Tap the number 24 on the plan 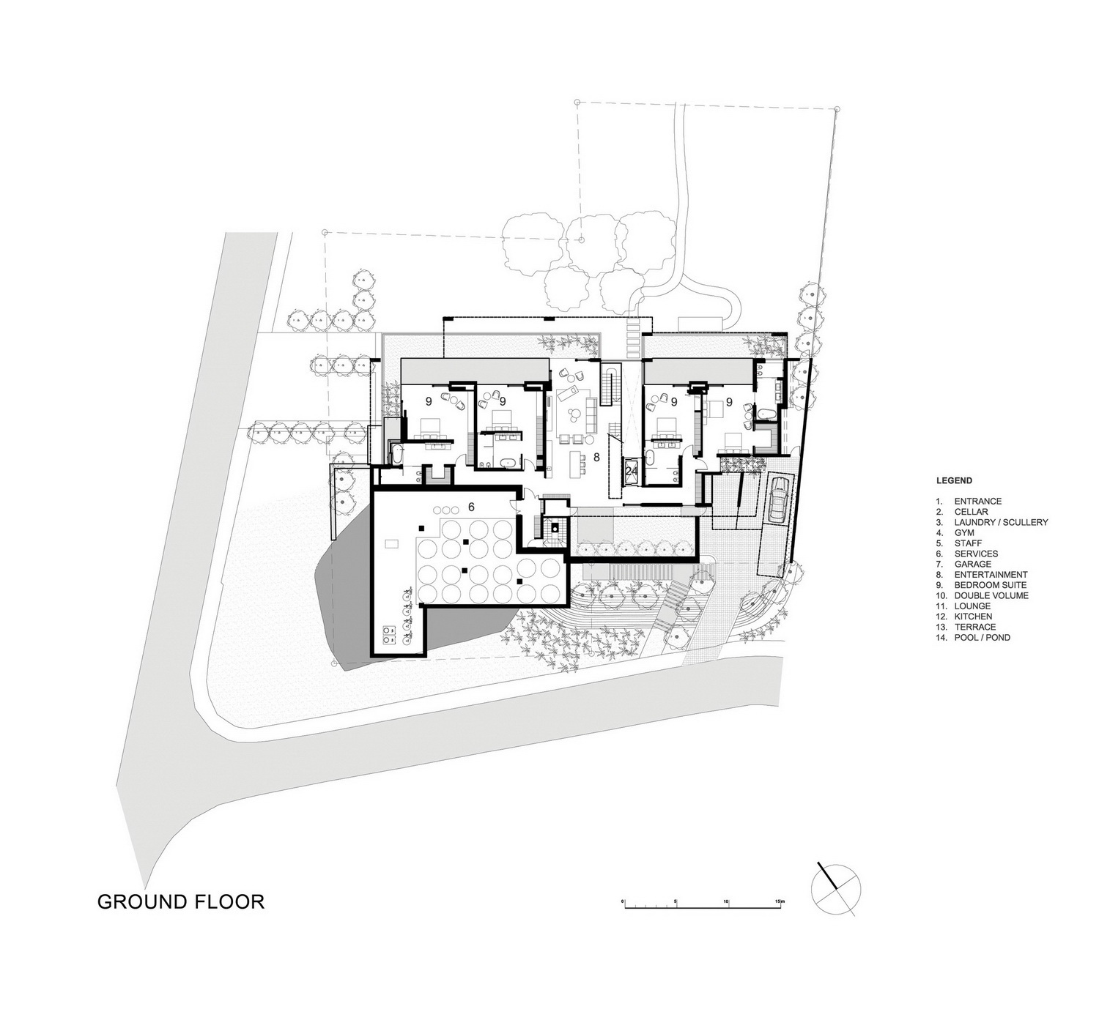[632, 471]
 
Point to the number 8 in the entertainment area [596, 457]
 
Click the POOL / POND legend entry [973, 637]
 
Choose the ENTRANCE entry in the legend [969, 501]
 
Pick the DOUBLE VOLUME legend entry [983, 595]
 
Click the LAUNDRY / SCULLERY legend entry [992, 521]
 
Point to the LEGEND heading [954, 480]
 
